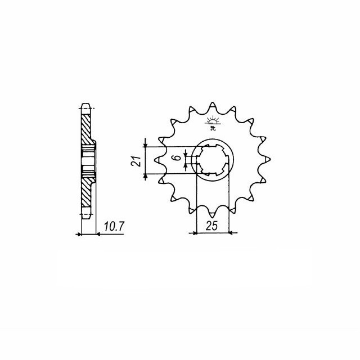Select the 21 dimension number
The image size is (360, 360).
[x=134, y=160]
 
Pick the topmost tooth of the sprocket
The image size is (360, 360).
[x=213, y=107]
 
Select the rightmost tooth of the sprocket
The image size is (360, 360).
[x=267, y=160]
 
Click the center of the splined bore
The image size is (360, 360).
[x=213, y=160]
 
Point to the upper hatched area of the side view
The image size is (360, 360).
[x=85, y=128]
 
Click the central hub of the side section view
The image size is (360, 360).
[x=87, y=160]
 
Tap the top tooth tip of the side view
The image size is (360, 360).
[x=85, y=105]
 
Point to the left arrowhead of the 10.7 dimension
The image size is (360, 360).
[x=83, y=232]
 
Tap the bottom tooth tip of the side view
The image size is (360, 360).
[x=85, y=215]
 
